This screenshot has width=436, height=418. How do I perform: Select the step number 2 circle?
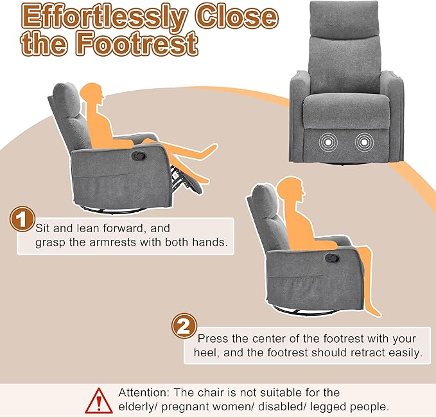pos(183,327)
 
